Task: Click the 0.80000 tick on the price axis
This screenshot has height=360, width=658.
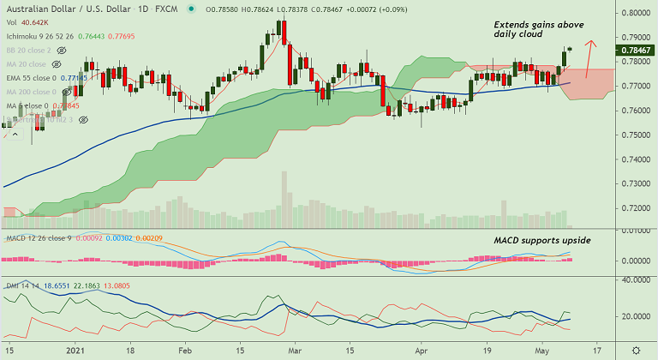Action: click(636, 14)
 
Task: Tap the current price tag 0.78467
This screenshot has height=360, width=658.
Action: click(636, 51)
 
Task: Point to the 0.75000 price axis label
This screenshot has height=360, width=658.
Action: click(636, 135)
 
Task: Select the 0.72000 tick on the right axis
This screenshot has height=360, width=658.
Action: click(636, 207)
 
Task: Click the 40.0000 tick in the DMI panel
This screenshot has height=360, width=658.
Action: click(636, 279)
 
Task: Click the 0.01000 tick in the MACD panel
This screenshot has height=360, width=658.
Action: click(636, 231)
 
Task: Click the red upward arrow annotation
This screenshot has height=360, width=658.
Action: click(588, 58)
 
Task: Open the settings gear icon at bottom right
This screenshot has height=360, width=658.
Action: click(636, 351)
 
